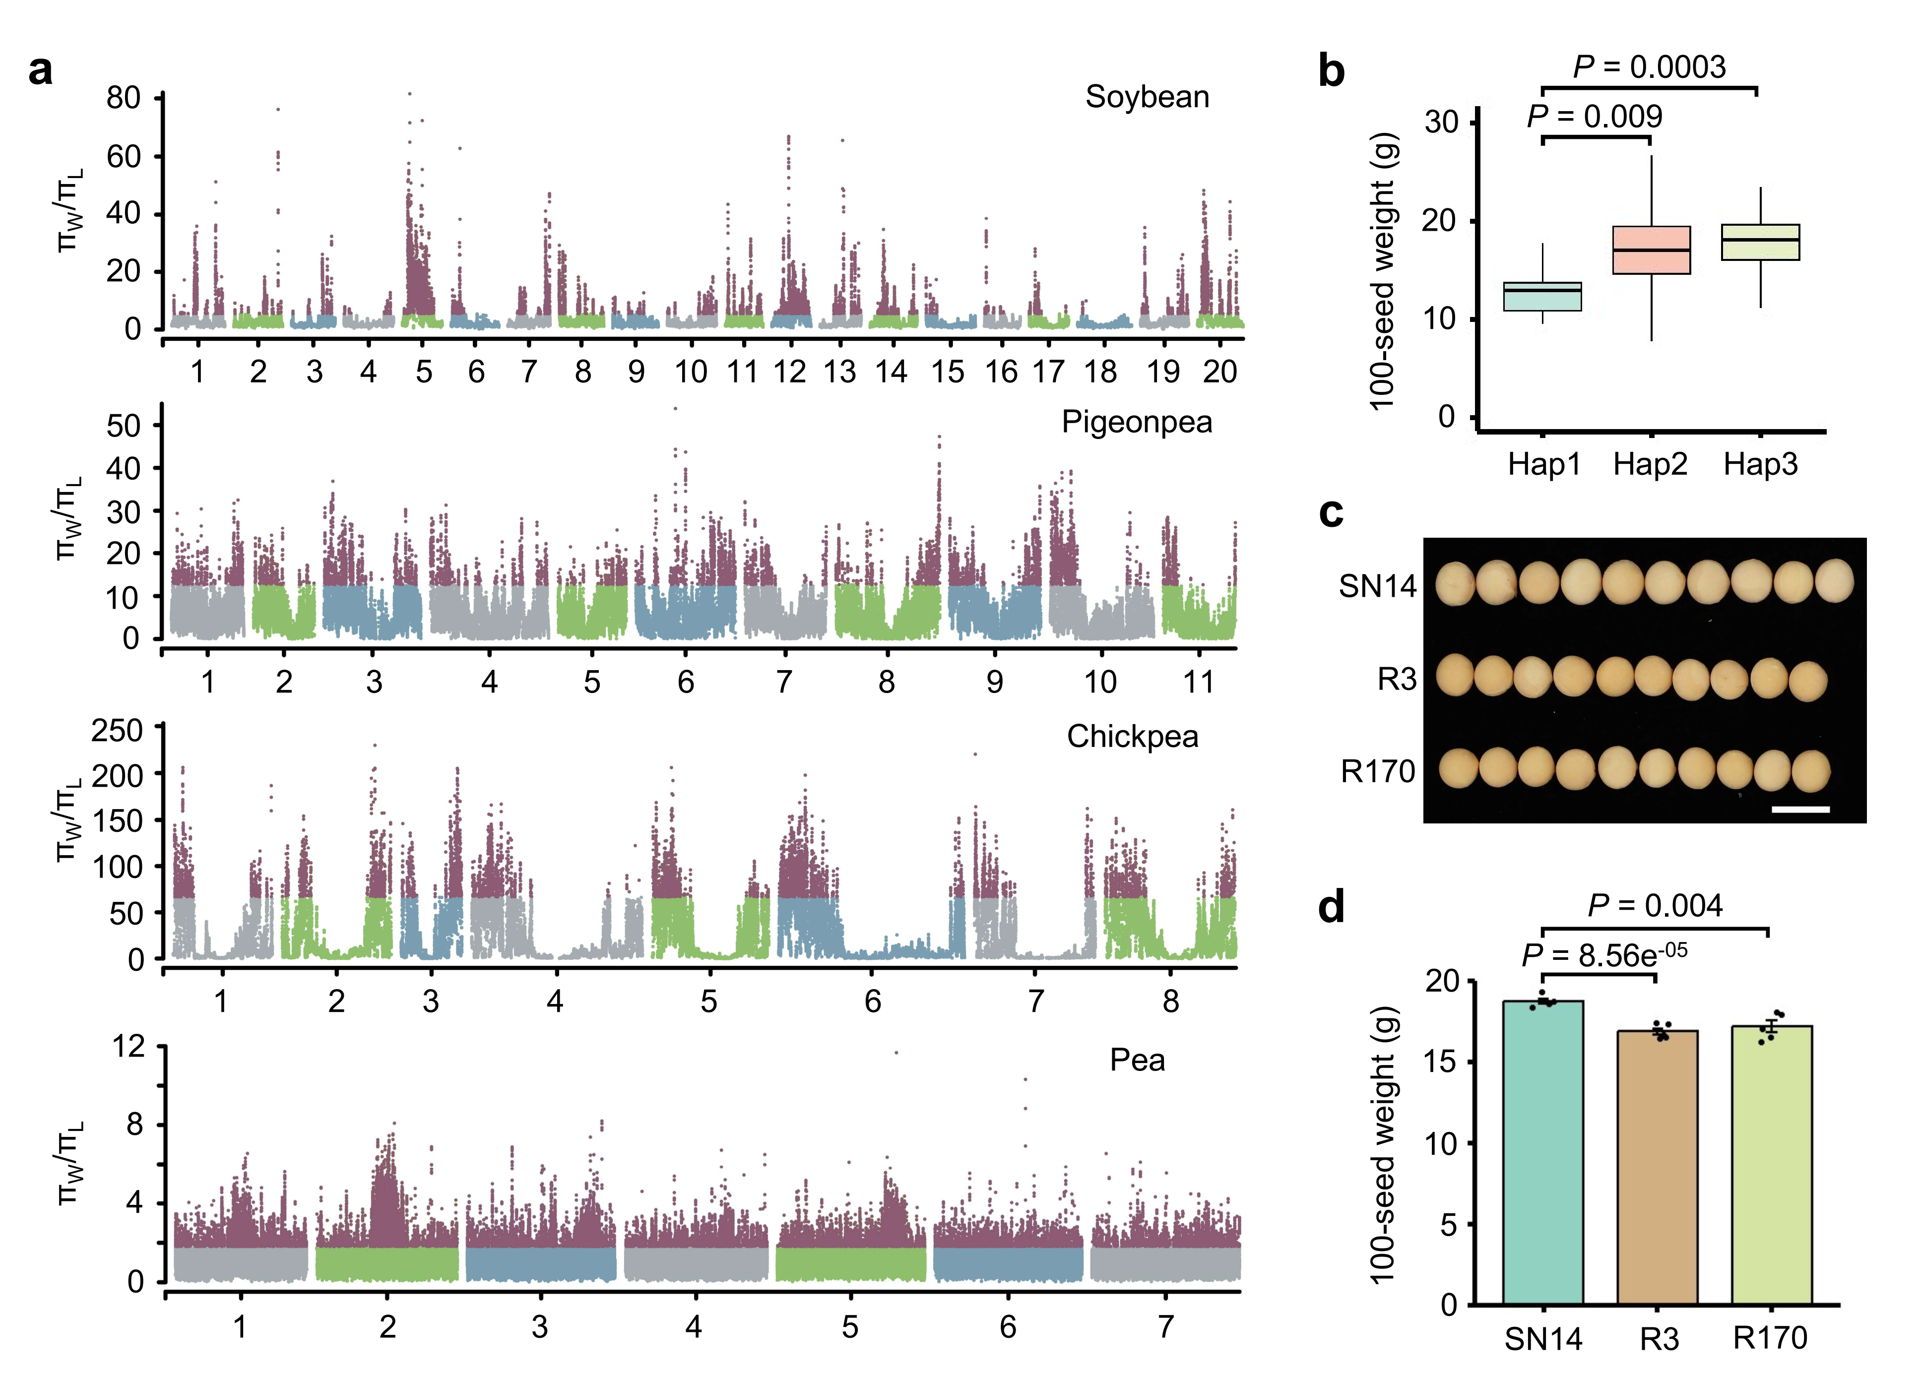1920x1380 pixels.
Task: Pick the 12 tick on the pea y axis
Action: (x=128, y=1047)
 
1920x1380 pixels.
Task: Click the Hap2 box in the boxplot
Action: (x=1651, y=250)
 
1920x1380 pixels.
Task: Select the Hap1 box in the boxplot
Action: (x=1541, y=296)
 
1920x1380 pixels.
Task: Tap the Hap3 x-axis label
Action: (x=1760, y=464)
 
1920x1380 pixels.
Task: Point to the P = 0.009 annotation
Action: (x=1594, y=117)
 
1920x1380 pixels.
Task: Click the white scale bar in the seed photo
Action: (x=1800, y=810)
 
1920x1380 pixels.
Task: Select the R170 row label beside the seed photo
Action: (x=1377, y=771)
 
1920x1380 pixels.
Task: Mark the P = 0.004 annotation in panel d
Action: (x=1654, y=906)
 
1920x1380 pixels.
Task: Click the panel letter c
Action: (x=1331, y=512)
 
